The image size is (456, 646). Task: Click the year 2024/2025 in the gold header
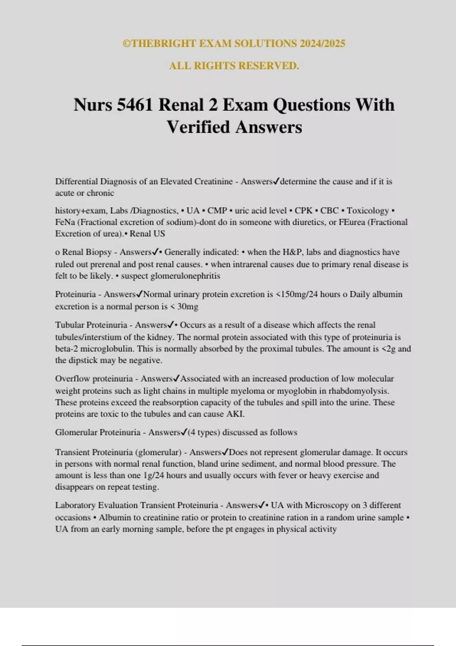[322, 43]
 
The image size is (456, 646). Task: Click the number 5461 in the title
[135, 105]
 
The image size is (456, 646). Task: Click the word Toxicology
[367, 211]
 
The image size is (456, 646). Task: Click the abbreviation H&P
[292, 252]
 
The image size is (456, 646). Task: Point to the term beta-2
[66, 349]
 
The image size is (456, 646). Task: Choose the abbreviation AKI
[235, 414]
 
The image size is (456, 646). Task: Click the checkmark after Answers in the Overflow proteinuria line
[176, 378]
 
